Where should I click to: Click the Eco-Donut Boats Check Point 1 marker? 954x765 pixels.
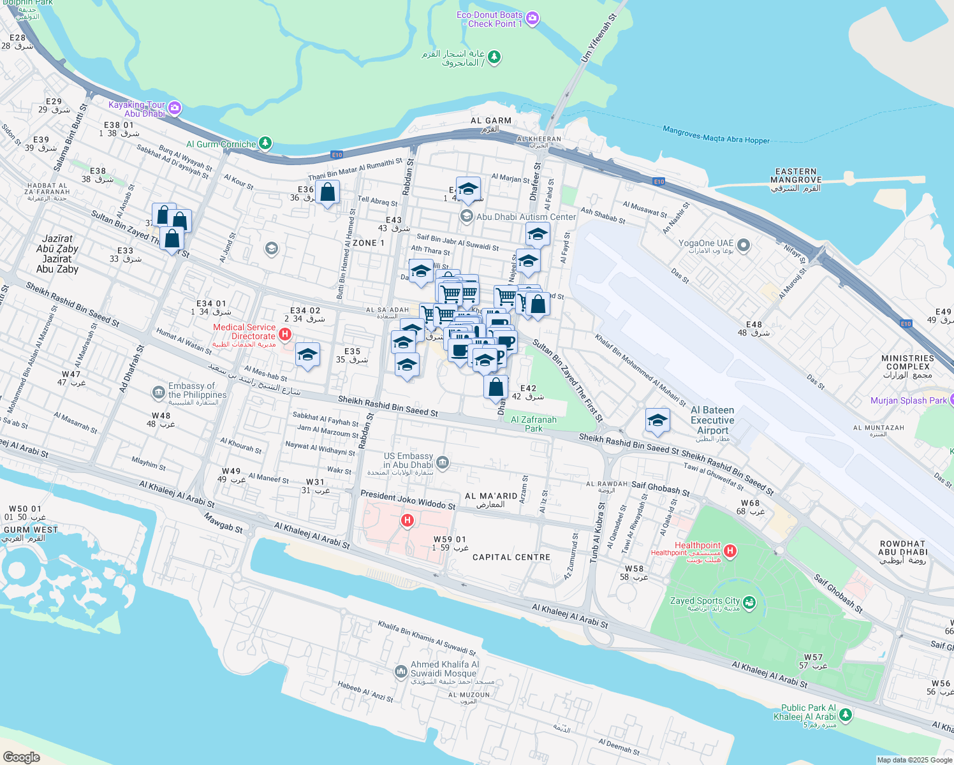[x=533, y=19]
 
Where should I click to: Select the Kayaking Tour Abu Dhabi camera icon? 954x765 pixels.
[x=175, y=108]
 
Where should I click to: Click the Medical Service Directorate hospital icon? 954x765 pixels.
[x=285, y=334]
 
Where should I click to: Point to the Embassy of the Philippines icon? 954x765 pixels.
[x=158, y=392]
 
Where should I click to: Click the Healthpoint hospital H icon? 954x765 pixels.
[x=730, y=550]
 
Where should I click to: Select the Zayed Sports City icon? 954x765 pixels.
[x=749, y=602]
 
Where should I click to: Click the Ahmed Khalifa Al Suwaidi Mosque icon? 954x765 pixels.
[x=400, y=671]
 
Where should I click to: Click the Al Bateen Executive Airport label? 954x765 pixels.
[x=712, y=420]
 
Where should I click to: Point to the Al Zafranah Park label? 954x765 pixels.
[x=534, y=424]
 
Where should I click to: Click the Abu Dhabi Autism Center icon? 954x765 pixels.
[x=466, y=217]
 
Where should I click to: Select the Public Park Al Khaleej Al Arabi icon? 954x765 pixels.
[x=846, y=715]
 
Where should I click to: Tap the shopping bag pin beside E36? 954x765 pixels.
[x=327, y=193]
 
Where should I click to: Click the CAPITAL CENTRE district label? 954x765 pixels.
[x=511, y=557]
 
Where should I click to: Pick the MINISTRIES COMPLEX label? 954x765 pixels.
[x=907, y=363]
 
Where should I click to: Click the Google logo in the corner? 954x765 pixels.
[x=21, y=757]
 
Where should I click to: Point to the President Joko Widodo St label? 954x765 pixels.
[x=407, y=499]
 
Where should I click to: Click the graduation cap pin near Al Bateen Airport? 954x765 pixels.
[x=657, y=421]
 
